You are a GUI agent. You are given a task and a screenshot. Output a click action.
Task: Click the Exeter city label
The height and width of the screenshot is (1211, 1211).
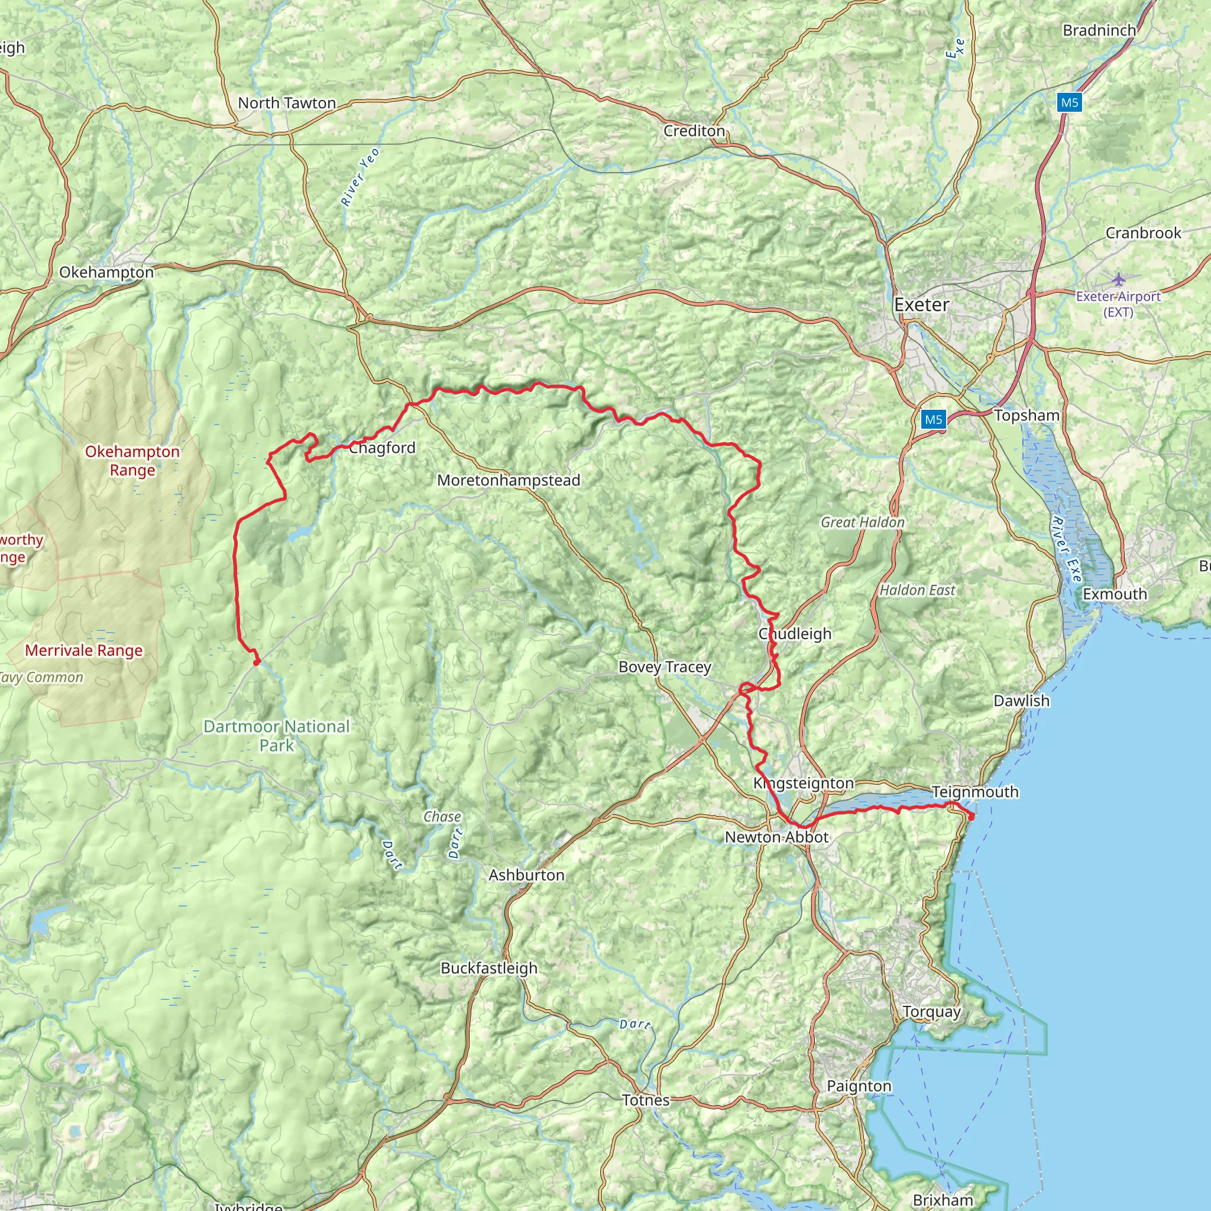tap(921, 305)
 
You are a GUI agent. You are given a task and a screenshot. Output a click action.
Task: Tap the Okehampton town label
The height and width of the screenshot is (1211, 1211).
tap(106, 272)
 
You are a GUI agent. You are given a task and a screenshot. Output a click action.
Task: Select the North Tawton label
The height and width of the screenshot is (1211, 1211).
tap(286, 103)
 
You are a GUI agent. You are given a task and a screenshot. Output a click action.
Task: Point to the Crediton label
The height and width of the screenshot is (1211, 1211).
tap(694, 131)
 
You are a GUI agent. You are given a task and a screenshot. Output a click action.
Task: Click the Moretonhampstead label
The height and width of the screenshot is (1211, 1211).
tap(509, 480)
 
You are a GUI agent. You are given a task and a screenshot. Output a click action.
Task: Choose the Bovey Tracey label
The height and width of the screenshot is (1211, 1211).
tap(665, 667)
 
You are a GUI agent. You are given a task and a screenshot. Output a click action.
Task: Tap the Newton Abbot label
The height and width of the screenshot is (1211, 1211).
tap(776, 837)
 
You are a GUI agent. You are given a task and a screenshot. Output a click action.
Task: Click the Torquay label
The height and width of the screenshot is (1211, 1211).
tap(931, 1012)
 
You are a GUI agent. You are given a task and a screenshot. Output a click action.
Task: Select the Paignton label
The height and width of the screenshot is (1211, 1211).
tap(859, 1086)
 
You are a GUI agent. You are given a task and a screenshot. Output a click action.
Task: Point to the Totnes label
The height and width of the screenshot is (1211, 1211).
tap(646, 1100)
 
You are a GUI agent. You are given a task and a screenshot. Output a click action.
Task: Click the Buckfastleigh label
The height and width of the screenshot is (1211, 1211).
tap(489, 968)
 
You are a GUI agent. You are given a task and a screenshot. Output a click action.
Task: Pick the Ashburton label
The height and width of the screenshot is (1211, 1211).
tap(526, 875)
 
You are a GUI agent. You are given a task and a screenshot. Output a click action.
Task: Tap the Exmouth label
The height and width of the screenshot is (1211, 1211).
tap(1115, 594)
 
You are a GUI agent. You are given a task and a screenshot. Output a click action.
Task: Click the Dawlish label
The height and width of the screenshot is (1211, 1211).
tap(1021, 700)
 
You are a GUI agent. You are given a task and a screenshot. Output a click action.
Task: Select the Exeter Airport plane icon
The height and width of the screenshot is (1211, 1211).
tap(1119, 279)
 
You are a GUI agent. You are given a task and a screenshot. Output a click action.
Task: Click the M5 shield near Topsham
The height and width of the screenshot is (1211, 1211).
tap(933, 419)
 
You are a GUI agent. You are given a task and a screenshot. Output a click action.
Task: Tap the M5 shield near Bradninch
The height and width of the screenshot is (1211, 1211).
tap(1069, 102)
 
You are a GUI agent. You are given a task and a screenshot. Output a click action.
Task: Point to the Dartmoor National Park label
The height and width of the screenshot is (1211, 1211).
tap(276, 735)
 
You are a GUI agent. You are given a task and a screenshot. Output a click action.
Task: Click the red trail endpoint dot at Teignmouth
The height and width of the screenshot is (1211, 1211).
tap(971, 817)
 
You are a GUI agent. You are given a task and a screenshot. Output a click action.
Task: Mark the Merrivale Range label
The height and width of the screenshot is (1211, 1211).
tap(83, 650)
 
